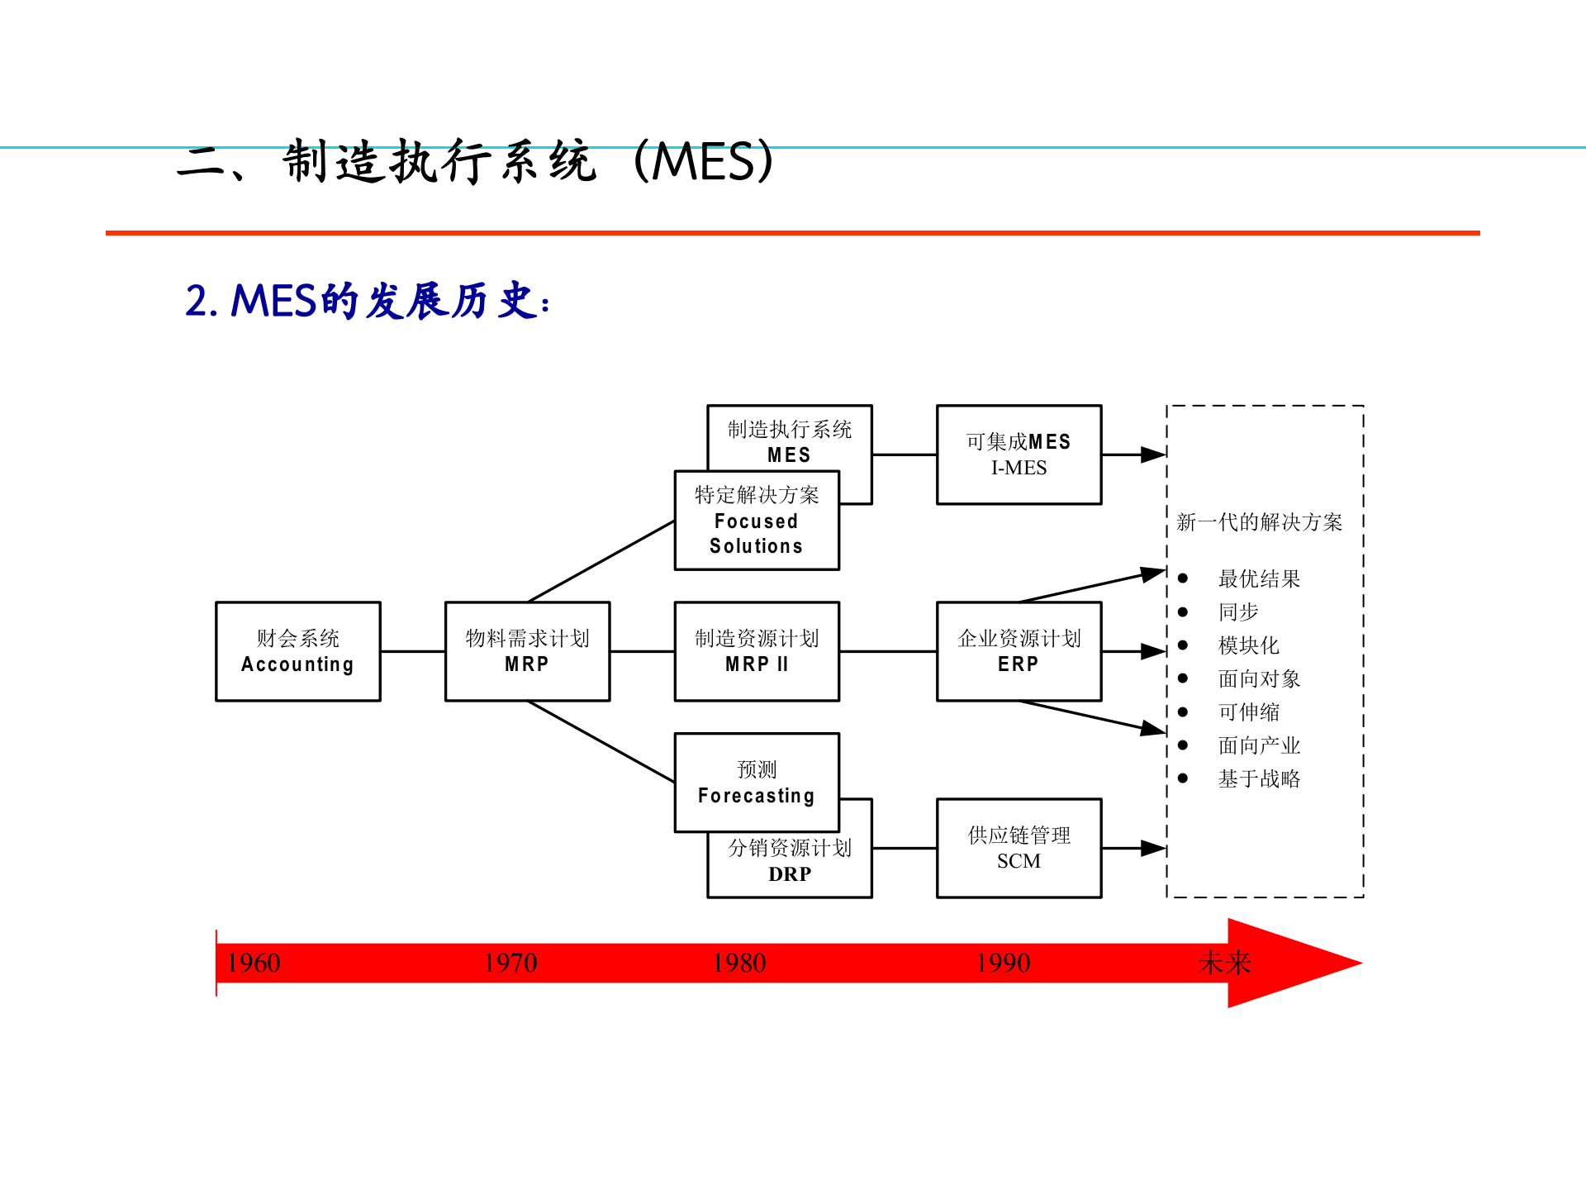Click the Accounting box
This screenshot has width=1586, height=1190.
click(x=297, y=651)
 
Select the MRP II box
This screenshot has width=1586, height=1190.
click(x=757, y=651)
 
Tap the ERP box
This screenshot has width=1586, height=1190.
click(x=1019, y=651)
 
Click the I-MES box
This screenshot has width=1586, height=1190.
click(x=1019, y=455)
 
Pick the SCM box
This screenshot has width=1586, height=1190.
click(x=1019, y=848)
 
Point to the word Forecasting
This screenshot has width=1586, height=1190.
click(x=756, y=796)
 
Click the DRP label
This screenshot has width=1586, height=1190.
click(x=790, y=874)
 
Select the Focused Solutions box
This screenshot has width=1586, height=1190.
click(x=757, y=521)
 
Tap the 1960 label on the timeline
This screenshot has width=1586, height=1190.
click(x=254, y=963)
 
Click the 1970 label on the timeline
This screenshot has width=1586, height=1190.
click(x=510, y=963)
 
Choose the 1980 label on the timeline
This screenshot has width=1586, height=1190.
click(x=739, y=963)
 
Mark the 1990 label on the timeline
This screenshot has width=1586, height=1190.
click(x=1003, y=963)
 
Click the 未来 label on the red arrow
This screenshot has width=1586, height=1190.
click(x=1224, y=963)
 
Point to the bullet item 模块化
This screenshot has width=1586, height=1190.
click(x=1248, y=645)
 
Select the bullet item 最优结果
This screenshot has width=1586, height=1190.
click(x=1259, y=578)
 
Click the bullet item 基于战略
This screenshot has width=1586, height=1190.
click(x=1259, y=778)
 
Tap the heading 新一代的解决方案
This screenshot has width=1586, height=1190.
click(x=1259, y=522)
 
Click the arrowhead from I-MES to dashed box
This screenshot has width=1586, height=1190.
click(x=1153, y=455)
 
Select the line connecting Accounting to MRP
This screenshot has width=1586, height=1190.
click(x=412, y=651)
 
